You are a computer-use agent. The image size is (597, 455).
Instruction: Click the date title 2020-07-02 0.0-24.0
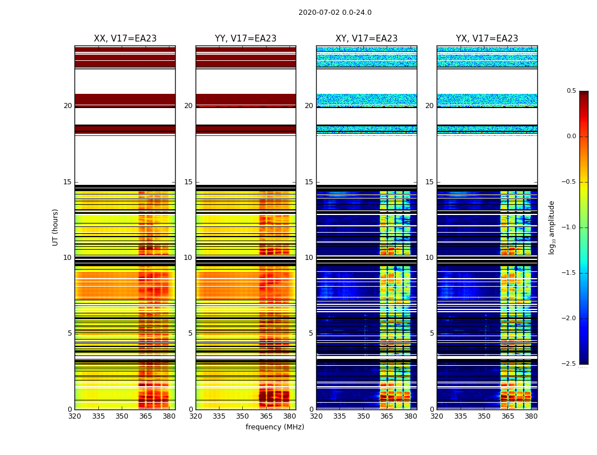point(335,13)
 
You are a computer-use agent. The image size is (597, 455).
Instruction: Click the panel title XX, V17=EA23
point(125,39)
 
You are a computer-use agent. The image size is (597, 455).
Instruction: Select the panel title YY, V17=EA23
point(246,39)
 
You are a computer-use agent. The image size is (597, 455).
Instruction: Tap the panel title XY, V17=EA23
point(366,39)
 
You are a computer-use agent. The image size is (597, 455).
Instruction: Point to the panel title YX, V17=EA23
point(487,39)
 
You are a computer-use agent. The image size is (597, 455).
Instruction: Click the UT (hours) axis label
point(56,227)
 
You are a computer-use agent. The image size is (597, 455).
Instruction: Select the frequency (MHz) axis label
point(275,427)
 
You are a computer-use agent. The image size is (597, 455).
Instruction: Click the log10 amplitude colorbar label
point(552,227)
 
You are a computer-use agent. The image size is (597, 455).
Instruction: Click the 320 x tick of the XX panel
point(74,416)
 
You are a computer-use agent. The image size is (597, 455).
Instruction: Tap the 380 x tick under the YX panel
point(531,416)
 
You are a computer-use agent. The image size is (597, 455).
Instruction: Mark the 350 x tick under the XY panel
point(363,416)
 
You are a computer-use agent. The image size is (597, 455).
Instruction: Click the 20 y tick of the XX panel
point(68,106)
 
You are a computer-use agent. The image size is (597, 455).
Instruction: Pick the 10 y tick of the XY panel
point(309,258)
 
